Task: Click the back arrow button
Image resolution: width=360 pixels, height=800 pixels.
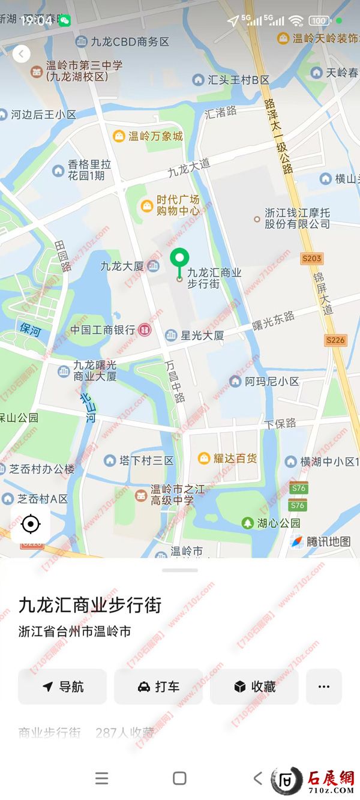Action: coord(22,54)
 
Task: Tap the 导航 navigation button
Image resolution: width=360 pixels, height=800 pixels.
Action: coord(62,687)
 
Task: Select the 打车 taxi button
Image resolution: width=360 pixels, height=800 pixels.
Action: coord(158,687)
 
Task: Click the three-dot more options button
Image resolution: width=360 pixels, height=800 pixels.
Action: coord(324,687)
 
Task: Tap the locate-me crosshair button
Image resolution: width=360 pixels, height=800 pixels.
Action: coord(30,525)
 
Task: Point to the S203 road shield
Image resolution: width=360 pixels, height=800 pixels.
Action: coord(312,258)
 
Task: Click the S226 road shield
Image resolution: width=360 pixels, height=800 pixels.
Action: coord(335,340)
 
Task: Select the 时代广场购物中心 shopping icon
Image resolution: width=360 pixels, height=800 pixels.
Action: coord(146,206)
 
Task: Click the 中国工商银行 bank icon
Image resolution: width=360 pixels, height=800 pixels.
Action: coord(145,329)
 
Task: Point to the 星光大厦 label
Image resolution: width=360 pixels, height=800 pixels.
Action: coord(202,335)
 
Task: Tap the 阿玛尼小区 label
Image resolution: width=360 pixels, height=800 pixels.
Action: coord(272,381)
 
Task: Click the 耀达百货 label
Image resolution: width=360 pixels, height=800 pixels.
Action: coord(235,459)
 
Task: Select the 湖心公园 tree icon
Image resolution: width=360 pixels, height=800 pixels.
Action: coord(248,523)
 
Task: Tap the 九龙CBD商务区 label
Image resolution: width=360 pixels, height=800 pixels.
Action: coord(130,42)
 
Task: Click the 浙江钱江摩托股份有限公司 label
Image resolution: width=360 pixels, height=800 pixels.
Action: coord(297,218)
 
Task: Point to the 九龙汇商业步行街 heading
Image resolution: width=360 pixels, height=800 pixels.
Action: coord(90,605)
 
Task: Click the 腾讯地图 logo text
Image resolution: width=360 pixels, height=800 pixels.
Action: coord(328,541)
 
